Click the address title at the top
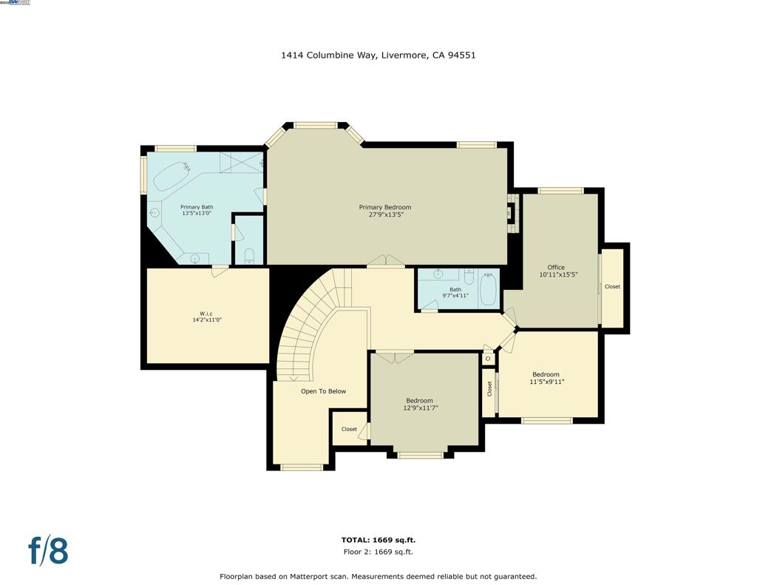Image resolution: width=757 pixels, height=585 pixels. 378,55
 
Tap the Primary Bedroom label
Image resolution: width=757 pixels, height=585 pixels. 384,207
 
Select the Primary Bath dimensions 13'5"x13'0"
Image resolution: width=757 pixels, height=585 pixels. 196,214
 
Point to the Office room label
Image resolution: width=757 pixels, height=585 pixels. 556,267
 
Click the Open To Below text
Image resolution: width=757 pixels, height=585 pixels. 323,391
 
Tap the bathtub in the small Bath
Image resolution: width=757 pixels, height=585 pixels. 489,289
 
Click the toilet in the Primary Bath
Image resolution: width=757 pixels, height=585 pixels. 249,256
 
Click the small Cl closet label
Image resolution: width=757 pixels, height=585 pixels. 487,359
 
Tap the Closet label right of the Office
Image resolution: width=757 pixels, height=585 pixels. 612,286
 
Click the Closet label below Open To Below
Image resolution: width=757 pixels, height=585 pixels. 349,429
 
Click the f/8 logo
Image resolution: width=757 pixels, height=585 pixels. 48,551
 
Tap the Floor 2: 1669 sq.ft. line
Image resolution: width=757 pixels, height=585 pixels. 378,552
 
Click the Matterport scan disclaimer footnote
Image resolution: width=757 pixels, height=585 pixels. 378,576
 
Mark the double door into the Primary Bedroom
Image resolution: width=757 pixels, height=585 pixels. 386,261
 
